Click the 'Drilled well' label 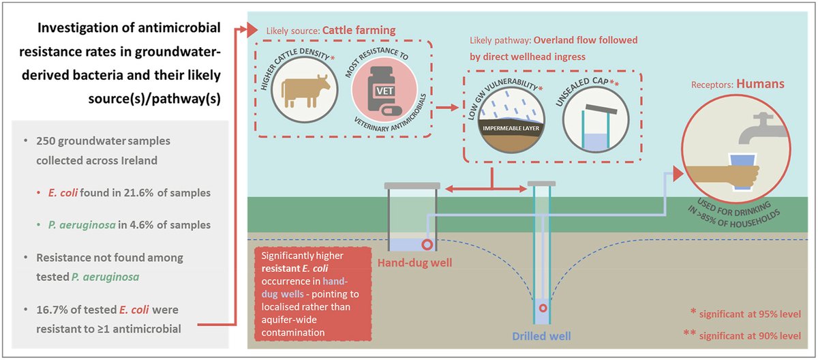[543, 336]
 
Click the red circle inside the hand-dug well [427, 243]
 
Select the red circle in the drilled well [543, 307]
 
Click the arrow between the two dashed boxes [447, 107]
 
